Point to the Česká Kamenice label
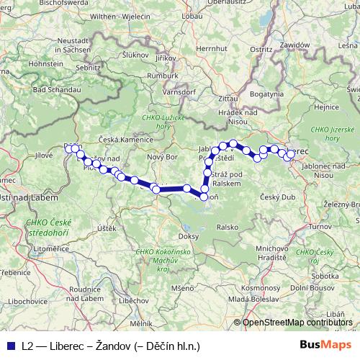tap(126, 138)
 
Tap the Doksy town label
tap(188, 236)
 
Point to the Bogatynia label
tap(266, 94)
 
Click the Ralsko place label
tap(227, 226)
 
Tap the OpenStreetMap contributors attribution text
tap(297, 323)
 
